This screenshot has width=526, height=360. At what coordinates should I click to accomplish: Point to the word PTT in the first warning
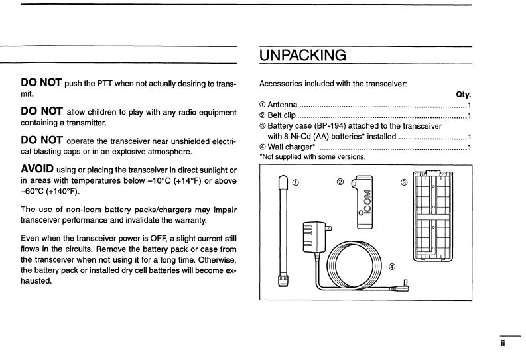101,82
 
